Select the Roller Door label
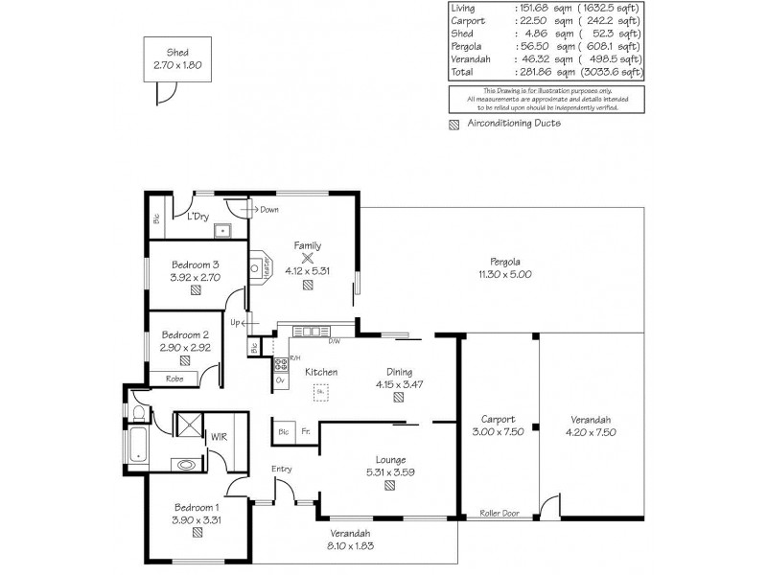click(x=499, y=514)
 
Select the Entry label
click(x=282, y=469)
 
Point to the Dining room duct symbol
click(x=397, y=398)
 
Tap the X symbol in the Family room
click(x=308, y=257)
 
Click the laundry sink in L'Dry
click(x=221, y=230)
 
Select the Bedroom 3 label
click(x=196, y=264)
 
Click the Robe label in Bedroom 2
click(x=174, y=379)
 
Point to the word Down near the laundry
click(x=269, y=209)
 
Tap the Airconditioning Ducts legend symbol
click(x=454, y=124)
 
